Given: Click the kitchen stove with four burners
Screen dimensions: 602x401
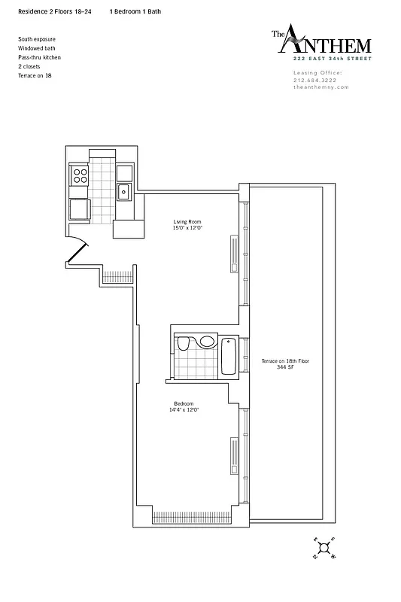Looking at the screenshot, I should tap(79, 177).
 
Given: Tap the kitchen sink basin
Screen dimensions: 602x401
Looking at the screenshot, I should tap(124, 193).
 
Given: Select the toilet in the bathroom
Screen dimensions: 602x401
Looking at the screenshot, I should tap(183, 345).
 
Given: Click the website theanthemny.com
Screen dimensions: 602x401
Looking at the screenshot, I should tap(321, 87).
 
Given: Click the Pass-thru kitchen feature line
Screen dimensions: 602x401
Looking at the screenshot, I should tap(39, 57).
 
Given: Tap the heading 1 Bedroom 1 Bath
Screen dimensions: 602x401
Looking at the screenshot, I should tap(135, 13).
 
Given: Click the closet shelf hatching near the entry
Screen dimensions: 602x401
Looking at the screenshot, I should tap(115, 275).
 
